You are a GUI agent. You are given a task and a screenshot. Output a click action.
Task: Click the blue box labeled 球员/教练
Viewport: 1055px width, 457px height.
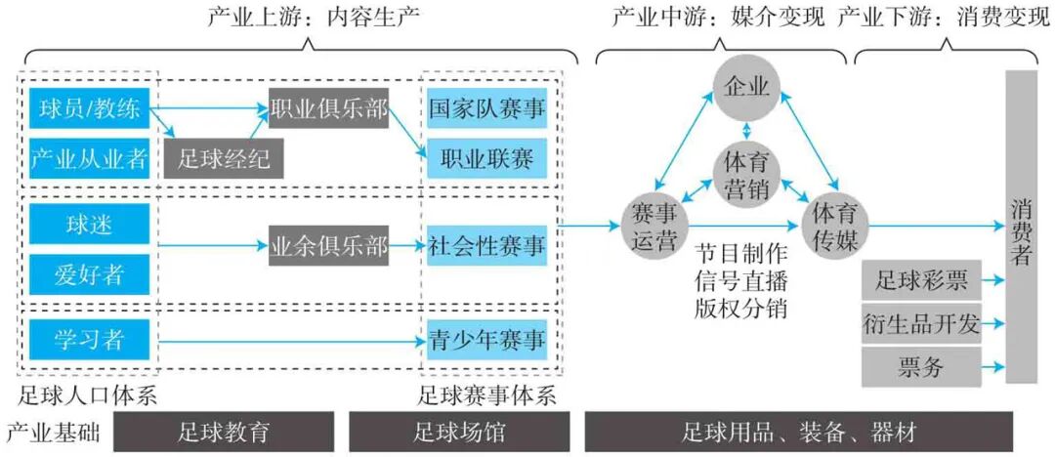pos(89,108)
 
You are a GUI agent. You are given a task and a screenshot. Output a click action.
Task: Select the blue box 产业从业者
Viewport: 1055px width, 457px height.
pos(89,157)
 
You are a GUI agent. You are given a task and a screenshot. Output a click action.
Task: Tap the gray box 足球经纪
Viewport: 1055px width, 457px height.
pos(224,157)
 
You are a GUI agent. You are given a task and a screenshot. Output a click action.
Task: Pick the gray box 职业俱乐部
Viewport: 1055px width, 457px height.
pos(328,108)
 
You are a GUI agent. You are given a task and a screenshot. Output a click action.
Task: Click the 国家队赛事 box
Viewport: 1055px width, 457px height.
pos(486,108)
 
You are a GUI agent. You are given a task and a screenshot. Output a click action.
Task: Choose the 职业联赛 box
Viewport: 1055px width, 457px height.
pos(486,157)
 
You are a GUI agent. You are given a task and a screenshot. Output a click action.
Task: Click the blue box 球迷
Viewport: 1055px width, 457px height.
pos(89,225)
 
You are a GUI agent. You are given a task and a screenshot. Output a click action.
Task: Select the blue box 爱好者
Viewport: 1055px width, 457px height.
pos(89,272)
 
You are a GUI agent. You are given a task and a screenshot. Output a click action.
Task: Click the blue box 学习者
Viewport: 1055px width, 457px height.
pos(89,341)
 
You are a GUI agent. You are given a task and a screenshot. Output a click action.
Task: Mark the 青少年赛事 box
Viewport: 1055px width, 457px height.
pos(486,341)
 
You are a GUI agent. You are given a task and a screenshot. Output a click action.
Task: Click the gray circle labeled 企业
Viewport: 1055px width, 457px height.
pos(747,87)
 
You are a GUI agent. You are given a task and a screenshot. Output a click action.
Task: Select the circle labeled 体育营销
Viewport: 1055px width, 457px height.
pos(747,176)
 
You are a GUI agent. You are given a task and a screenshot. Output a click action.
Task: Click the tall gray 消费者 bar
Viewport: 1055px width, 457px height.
pos(1021,227)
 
